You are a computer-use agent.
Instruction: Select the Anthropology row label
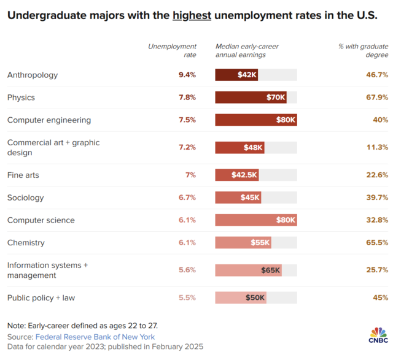33,75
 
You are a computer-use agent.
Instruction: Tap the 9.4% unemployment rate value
187,75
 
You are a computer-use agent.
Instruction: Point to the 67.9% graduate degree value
376,98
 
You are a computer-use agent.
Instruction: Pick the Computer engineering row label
49,120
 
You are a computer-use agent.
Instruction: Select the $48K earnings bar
239,147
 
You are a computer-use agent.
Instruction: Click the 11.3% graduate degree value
376,147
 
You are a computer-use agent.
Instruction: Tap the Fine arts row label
23,175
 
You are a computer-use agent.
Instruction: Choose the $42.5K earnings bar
237,175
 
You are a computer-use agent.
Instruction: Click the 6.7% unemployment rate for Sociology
187,197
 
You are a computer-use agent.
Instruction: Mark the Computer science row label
41,220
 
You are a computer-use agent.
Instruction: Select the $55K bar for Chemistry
243,243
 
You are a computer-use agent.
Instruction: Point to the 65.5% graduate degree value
376,243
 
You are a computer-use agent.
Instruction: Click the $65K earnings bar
248,270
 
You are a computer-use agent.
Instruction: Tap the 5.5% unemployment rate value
187,298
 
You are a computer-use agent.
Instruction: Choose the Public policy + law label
42,298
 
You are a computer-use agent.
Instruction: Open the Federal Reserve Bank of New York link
95,337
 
